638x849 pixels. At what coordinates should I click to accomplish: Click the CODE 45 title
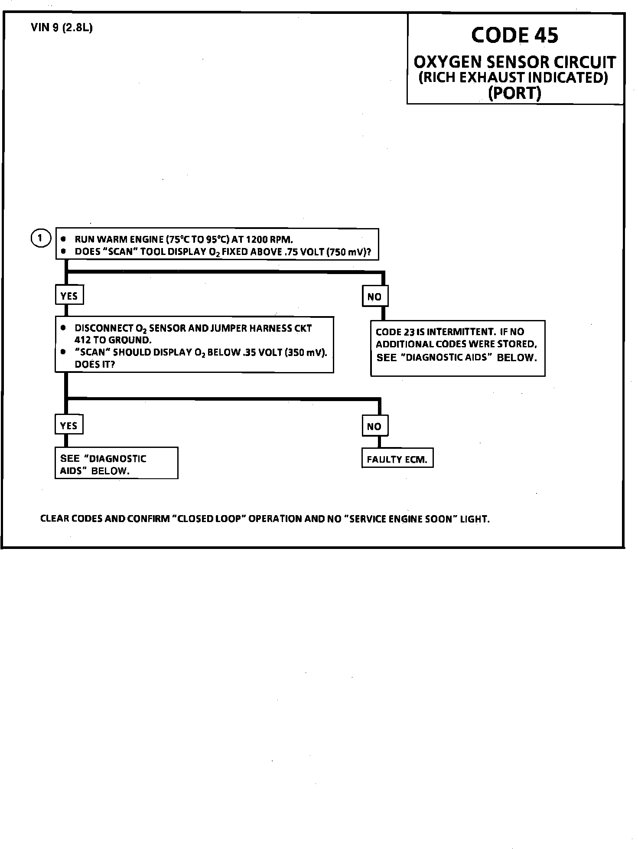pos(514,36)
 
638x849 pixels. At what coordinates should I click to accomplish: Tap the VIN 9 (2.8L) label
pos(62,28)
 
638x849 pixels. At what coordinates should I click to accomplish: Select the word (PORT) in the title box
pos(514,93)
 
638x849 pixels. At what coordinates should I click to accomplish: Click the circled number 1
pos(40,238)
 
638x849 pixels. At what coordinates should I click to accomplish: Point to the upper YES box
pos(69,296)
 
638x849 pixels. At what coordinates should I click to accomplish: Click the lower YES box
pos(68,425)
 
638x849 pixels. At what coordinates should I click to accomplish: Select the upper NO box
pos(374,297)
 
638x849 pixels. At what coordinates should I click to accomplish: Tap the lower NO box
pos(374,426)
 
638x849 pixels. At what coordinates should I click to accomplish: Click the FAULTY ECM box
pos(397,460)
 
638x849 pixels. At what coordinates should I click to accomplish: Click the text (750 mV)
pos(349,252)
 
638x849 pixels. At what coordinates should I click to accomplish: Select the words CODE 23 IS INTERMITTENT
pos(435,332)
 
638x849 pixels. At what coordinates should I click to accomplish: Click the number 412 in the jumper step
pos(82,340)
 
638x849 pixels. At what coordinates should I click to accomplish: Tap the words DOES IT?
pos(95,365)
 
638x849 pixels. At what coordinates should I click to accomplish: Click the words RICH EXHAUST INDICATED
pos(513,78)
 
